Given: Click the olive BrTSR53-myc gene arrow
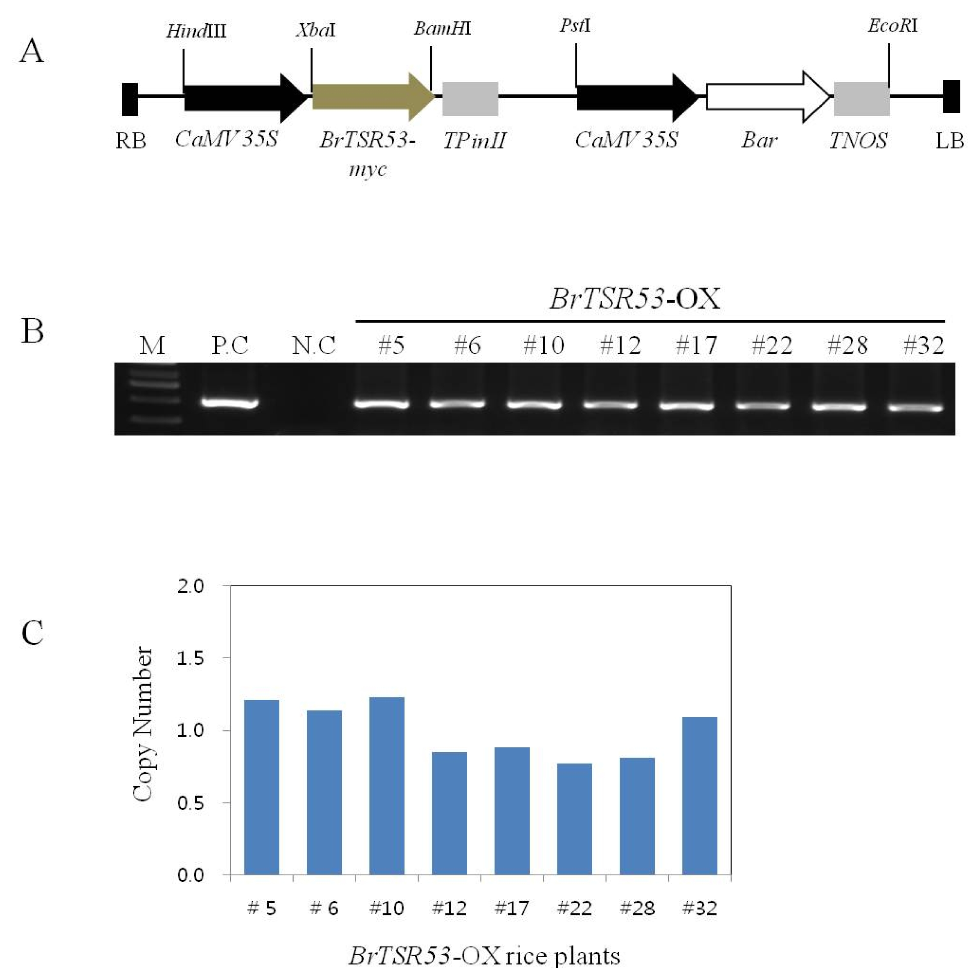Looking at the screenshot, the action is pyautogui.click(x=373, y=96).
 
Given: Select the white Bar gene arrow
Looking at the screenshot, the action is pyautogui.click(x=768, y=97).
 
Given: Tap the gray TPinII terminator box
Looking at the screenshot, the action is pyautogui.click(x=470, y=99).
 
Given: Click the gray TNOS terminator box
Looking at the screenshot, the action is pyautogui.click(x=862, y=99).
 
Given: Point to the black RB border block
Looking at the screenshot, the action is pyautogui.click(x=130, y=99).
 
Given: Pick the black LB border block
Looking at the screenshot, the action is pyautogui.click(x=952, y=96).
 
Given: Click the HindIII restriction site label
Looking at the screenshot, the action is pyautogui.click(x=196, y=31).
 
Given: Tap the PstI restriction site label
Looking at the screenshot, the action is pyautogui.click(x=575, y=25).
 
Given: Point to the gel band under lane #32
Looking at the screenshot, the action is pyautogui.click(x=915, y=407).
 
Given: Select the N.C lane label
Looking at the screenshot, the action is pyautogui.click(x=314, y=345).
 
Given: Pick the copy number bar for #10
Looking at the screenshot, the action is pyautogui.click(x=387, y=786).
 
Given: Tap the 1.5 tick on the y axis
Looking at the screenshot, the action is pyautogui.click(x=190, y=658).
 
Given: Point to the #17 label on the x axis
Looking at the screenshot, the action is pyautogui.click(x=512, y=908).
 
